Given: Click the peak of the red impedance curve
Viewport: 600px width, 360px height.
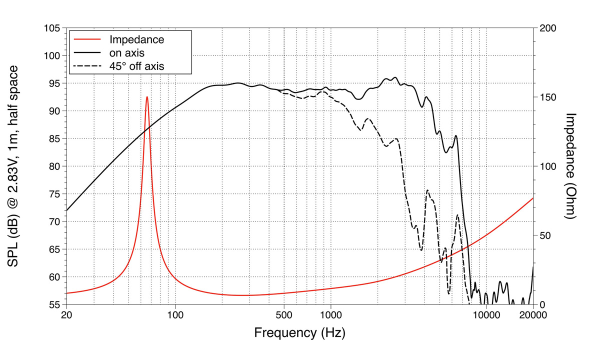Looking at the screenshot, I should coord(147,97).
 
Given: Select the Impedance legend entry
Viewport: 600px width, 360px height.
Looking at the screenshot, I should coord(136,39).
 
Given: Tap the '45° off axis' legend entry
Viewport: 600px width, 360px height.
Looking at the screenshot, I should coord(137,65).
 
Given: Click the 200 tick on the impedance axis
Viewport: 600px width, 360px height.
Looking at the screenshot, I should coord(546,28).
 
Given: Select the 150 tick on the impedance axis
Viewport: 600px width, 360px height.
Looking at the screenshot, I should coord(546,97).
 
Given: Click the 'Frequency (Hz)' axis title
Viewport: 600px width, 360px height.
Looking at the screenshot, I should coord(299,332).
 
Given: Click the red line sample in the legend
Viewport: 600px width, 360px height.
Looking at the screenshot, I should coord(88,39).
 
